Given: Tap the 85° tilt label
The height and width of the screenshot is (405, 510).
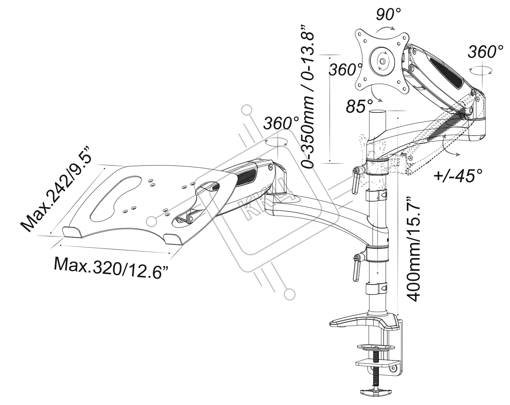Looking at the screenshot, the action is pos(359,106).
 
